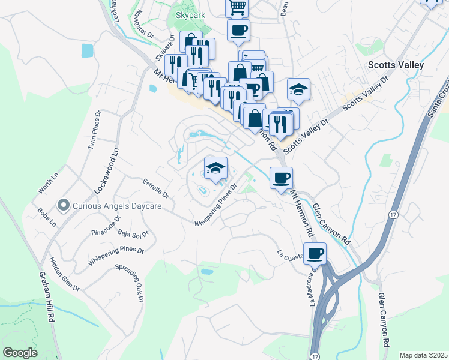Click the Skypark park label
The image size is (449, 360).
pos(190,13)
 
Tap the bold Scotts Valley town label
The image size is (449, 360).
pos(396,65)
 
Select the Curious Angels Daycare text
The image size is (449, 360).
pos(118,206)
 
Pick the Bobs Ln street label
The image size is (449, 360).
pos(46,218)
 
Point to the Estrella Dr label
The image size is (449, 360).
pos(156,187)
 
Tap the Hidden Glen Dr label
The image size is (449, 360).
pos(64,274)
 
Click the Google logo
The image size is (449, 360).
pos(20,352)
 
